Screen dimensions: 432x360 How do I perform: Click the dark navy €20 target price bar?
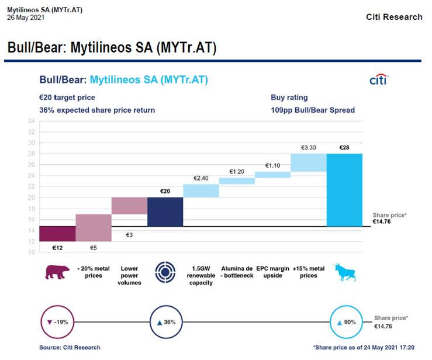165,212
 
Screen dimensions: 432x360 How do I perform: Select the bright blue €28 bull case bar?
344,190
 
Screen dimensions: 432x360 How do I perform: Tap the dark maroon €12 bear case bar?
58,234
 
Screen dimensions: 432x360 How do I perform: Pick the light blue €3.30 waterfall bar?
309,162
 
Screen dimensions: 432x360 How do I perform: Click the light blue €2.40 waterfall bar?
201,191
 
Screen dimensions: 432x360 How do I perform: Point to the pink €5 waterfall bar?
94,228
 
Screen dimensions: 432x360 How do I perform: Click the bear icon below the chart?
57,272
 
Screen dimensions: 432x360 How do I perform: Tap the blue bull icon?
345,272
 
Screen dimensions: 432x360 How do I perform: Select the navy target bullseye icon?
165,272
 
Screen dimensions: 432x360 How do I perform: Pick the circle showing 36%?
166,306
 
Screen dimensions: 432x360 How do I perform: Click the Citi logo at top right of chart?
379,79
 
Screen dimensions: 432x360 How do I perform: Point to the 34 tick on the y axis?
32,121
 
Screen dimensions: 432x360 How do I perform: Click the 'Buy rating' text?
289,98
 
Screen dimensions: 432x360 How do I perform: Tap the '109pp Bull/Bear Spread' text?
313,110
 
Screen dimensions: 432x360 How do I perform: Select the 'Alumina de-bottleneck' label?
237,272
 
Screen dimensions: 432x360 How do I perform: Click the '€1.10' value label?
273,165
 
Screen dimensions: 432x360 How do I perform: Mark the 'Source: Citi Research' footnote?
70,348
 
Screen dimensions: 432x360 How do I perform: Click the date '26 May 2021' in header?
26,18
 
